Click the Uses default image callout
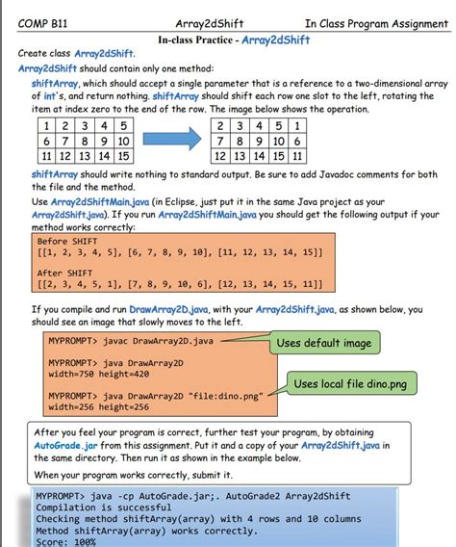322,343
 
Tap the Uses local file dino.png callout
348,384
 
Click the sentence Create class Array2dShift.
77,53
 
